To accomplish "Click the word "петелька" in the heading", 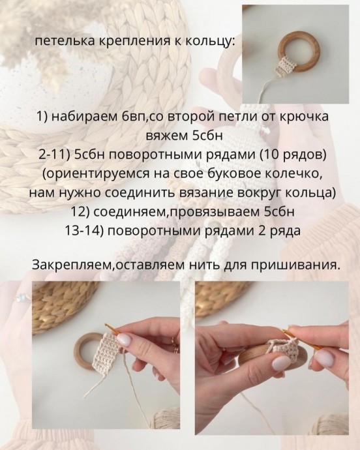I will point(61,42).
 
